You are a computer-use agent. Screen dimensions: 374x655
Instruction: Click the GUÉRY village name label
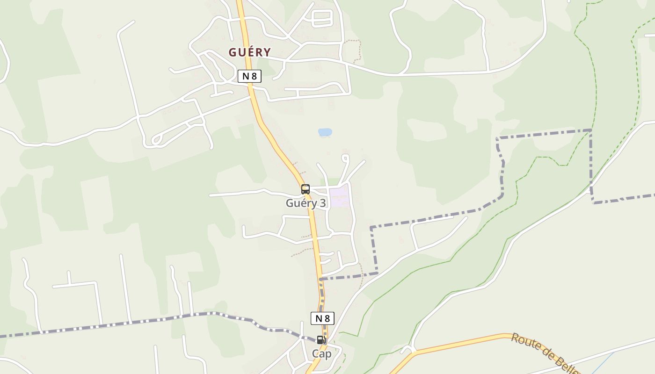point(249,52)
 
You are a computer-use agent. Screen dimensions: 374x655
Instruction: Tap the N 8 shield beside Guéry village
point(249,76)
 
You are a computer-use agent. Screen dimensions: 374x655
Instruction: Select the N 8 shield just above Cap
point(322,318)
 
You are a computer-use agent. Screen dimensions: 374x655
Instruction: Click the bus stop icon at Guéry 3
point(306,189)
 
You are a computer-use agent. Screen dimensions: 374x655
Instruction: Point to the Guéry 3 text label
point(306,203)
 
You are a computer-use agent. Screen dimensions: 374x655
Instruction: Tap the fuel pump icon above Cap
point(321,340)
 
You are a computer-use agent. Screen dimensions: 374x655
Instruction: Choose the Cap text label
point(322,354)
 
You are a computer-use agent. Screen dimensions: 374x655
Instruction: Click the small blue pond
point(325,132)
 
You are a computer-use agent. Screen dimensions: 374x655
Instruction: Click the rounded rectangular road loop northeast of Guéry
point(321,18)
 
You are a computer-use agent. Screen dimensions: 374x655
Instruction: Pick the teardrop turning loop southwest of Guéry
point(157,139)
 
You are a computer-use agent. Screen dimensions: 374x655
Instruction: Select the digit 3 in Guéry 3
point(322,203)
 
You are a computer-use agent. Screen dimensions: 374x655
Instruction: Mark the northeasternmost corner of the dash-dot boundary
point(591,130)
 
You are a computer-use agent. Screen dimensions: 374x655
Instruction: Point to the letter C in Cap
point(316,354)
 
